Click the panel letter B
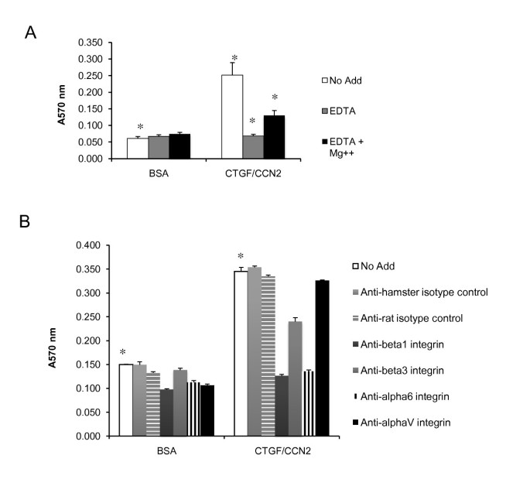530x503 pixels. (31, 222)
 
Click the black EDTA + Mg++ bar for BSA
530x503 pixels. (180, 146)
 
